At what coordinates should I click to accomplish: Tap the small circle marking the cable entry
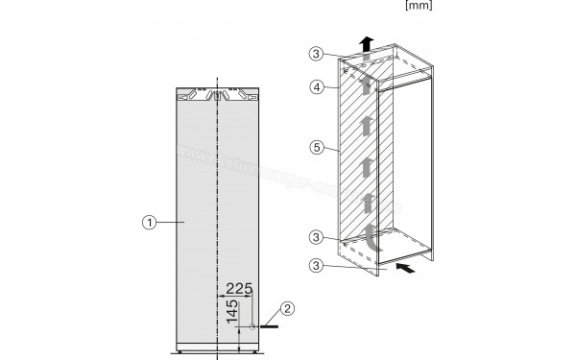point(252,326)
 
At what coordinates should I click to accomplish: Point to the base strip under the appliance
point(219,348)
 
